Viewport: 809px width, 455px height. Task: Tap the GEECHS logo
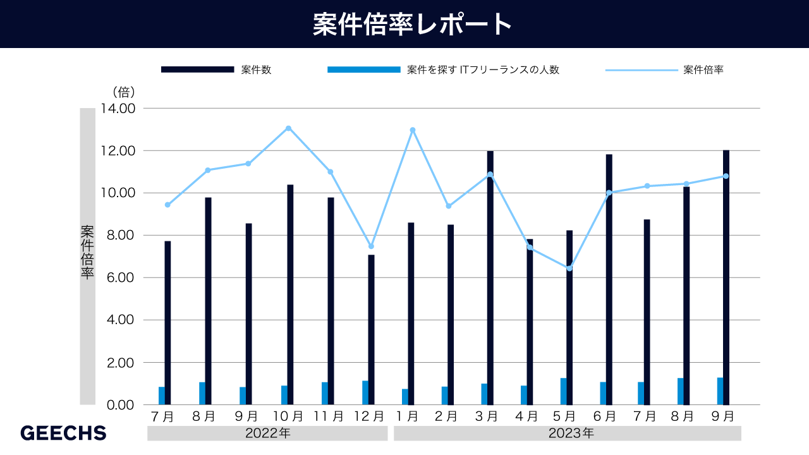pos(63,433)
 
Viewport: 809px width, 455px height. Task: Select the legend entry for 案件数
pos(256,70)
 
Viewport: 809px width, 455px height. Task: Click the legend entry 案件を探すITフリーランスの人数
pos(483,70)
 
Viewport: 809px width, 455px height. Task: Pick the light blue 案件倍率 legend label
pos(703,70)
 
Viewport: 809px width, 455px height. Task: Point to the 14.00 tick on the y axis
pos(118,108)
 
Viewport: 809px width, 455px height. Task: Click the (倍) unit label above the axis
pos(123,92)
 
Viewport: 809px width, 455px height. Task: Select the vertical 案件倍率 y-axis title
pos(87,253)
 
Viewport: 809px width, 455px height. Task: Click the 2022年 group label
pos(267,434)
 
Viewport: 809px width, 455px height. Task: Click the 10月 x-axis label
pos(288,416)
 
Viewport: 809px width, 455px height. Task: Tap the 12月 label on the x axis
pos(369,416)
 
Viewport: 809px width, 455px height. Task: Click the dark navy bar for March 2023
pos(490,278)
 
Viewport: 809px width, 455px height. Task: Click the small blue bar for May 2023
pos(563,391)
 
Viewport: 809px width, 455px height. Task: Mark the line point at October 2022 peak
pos(288,128)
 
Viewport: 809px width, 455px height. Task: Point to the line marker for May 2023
pos(569,269)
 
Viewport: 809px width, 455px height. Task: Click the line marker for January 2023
pos(412,130)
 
